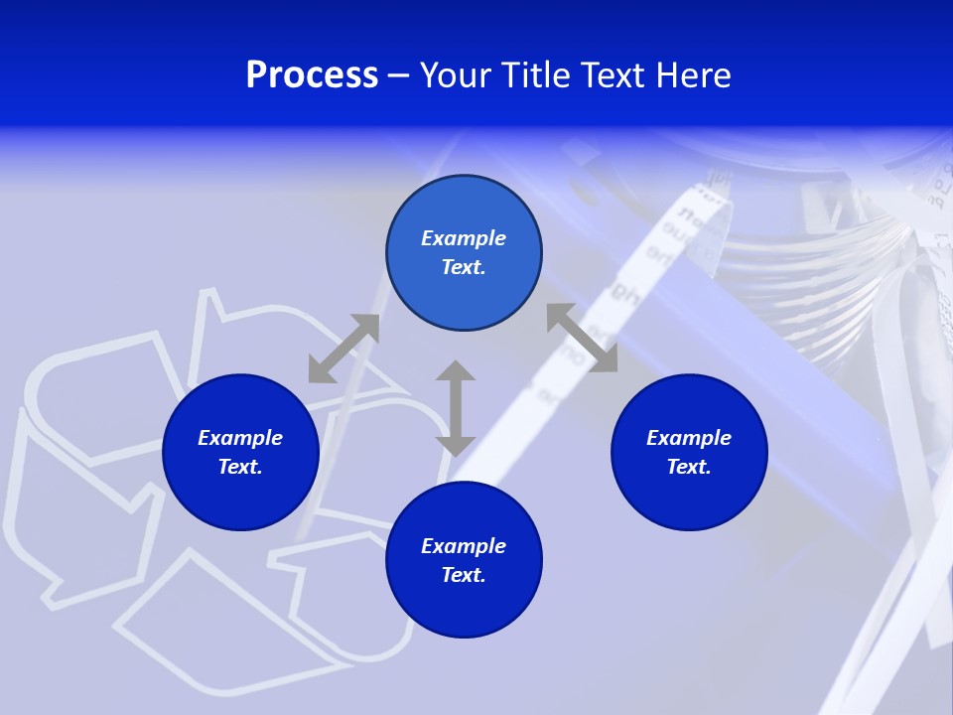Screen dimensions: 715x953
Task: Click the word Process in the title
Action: click(312, 76)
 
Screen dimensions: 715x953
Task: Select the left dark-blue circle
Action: click(240, 497)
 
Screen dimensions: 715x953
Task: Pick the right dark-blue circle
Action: click(689, 497)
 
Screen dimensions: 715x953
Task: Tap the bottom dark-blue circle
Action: click(464, 606)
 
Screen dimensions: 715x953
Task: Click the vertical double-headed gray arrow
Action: click(456, 408)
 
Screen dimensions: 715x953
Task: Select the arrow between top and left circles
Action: click(343, 349)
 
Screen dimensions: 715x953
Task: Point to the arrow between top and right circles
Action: click(582, 338)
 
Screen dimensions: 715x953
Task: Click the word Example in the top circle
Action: click(464, 238)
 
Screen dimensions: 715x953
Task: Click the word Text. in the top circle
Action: click(464, 267)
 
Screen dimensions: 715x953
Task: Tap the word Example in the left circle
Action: click(240, 438)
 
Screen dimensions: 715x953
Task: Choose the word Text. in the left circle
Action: click(240, 467)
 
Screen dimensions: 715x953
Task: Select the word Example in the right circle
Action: click(689, 438)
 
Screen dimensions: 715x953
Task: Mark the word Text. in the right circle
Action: click(689, 467)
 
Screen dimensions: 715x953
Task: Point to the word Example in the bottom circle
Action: click(464, 546)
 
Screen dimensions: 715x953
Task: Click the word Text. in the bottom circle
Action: click(464, 575)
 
